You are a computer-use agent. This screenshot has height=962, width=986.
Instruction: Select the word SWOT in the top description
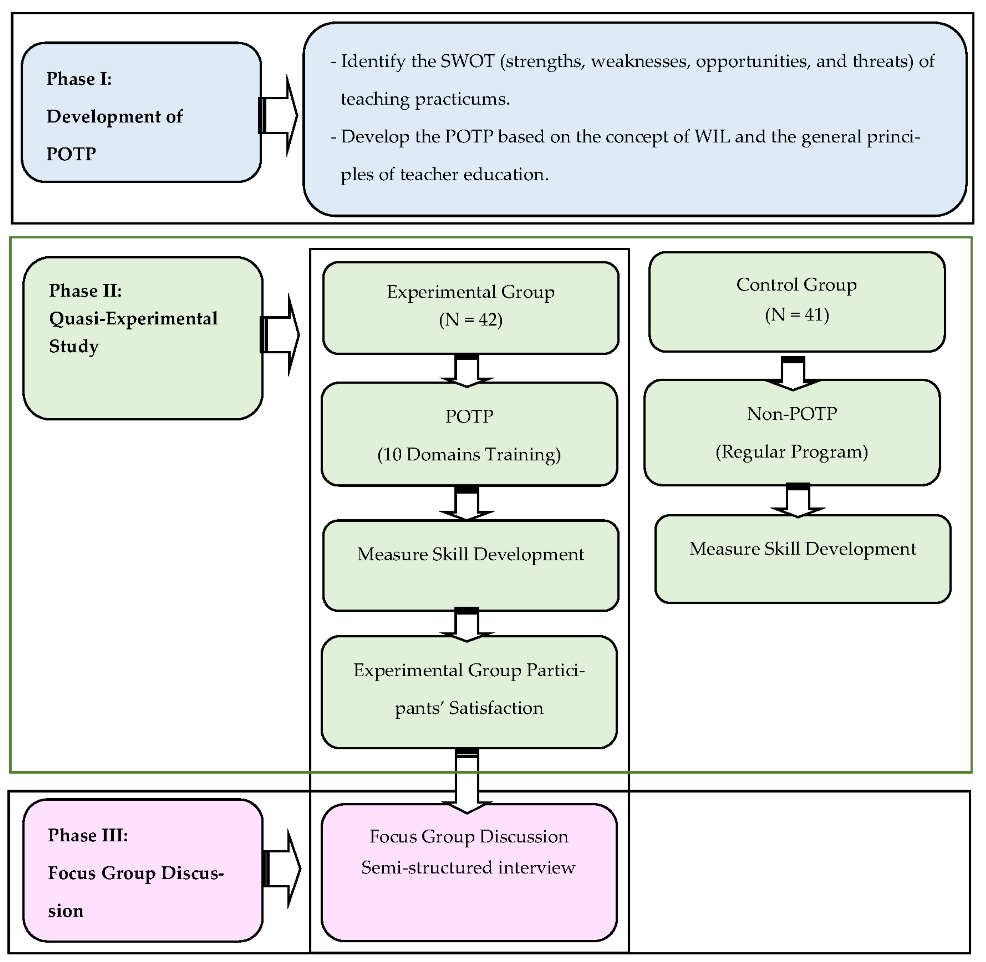[x=468, y=61]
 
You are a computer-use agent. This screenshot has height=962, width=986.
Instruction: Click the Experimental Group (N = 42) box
[x=470, y=308]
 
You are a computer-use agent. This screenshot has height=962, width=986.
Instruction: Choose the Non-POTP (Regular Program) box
[x=792, y=433]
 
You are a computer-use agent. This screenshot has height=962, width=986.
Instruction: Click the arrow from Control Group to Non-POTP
[x=792, y=373]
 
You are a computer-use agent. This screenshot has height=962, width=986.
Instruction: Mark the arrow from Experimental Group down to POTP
[x=466, y=370]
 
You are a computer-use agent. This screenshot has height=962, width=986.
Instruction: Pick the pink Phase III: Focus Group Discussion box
[x=143, y=871]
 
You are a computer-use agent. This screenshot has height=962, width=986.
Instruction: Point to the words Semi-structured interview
[x=468, y=868]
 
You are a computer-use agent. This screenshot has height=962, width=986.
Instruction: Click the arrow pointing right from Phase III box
[x=283, y=869]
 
